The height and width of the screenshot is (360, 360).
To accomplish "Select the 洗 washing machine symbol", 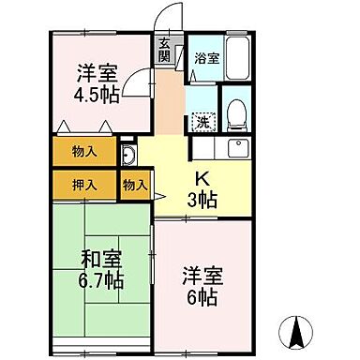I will [x=202, y=120].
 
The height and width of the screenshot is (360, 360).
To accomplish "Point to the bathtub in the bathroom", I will [x=237, y=58].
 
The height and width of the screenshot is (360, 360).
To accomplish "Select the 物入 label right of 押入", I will [x=134, y=185].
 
